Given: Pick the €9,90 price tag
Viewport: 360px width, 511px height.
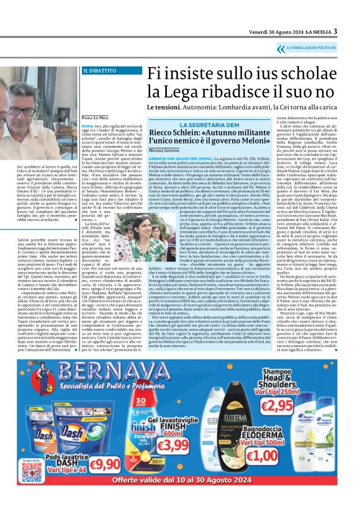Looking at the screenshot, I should (x=103, y=462).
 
